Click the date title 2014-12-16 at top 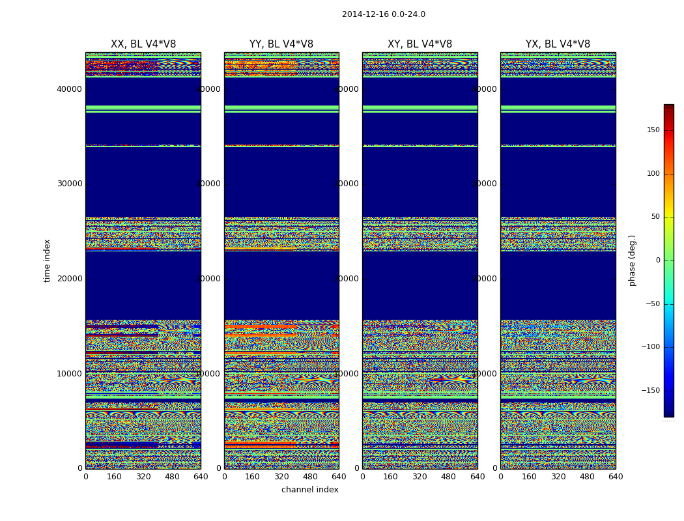(383, 14)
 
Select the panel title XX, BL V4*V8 (143, 44)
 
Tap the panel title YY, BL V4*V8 (281, 44)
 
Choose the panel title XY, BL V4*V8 (420, 44)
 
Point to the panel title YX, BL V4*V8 (558, 44)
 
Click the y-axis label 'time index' (47, 260)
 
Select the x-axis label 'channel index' (310, 490)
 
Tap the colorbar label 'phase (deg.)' (632, 260)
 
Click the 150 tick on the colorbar (653, 130)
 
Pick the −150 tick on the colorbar (650, 391)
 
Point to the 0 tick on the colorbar (657, 260)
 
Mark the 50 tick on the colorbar (655, 217)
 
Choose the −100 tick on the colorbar (650, 347)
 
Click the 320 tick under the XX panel (143, 477)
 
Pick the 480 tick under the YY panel (310, 477)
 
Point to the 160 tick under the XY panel (391, 477)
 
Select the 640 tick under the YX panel (616, 477)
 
